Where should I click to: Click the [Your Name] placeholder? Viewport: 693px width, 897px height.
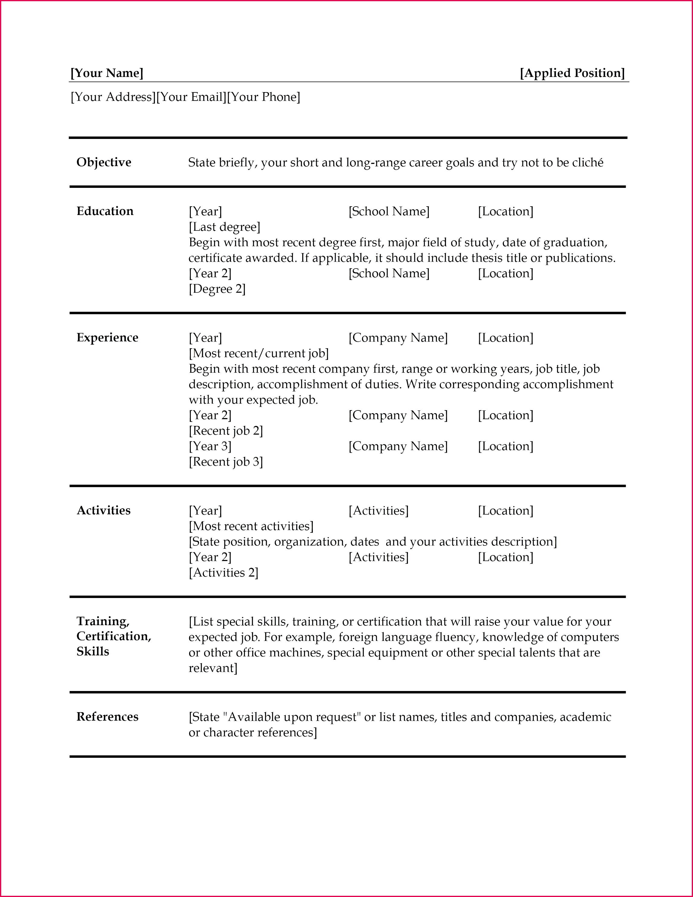click(x=107, y=73)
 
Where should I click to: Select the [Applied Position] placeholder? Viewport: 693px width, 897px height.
click(x=572, y=73)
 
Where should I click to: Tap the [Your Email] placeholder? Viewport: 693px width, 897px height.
click(x=191, y=97)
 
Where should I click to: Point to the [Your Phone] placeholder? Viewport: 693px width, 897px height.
click(x=263, y=97)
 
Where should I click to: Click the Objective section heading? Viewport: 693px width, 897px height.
click(x=104, y=162)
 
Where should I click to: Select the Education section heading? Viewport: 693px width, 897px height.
click(x=105, y=211)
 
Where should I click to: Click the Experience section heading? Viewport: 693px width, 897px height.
click(x=107, y=338)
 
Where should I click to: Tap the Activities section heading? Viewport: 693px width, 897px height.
click(x=104, y=510)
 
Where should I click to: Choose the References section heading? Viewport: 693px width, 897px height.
click(x=107, y=717)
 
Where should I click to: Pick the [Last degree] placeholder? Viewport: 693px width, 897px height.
click(x=224, y=227)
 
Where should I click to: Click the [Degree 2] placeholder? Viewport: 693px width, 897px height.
click(x=217, y=289)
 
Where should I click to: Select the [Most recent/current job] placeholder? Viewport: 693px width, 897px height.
click(x=259, y=354)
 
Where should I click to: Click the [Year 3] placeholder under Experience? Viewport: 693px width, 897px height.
click(x=210, y=446)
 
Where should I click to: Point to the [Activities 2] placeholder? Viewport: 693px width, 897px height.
click(x=223, y=573)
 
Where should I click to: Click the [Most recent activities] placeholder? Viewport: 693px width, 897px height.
click(x=251, y=526)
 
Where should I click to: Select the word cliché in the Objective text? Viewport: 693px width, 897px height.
click(x=588, y=163)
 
